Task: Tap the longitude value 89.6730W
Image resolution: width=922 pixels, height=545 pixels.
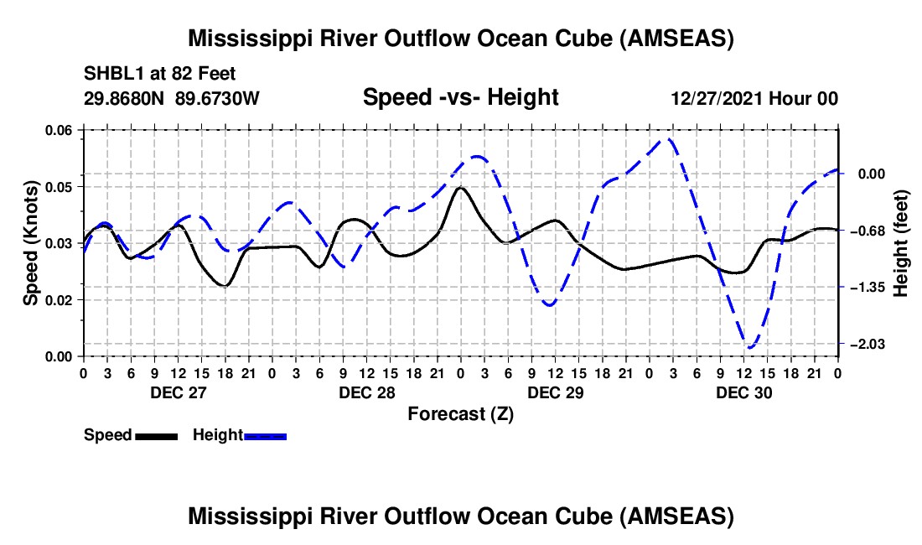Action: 218,99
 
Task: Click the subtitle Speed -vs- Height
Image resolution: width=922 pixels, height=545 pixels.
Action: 460,97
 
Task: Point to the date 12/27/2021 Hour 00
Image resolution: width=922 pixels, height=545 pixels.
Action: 754,99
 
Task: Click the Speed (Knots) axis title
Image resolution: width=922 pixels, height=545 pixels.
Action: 30,242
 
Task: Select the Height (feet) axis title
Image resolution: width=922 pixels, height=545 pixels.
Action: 901,242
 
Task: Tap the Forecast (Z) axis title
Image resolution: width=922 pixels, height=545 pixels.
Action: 460,413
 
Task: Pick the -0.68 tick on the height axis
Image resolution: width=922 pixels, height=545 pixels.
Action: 872,231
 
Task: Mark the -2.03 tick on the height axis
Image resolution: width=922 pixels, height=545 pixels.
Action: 872,345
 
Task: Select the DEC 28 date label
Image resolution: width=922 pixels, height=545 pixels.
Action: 366,392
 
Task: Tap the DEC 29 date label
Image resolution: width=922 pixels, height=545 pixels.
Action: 555,392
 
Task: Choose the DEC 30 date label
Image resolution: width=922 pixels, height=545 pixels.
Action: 743,392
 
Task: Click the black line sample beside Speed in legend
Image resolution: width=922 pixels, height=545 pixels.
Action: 157,436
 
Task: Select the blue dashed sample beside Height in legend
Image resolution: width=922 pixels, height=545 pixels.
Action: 266,436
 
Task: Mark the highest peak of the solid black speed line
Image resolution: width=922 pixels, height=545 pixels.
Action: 460,187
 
